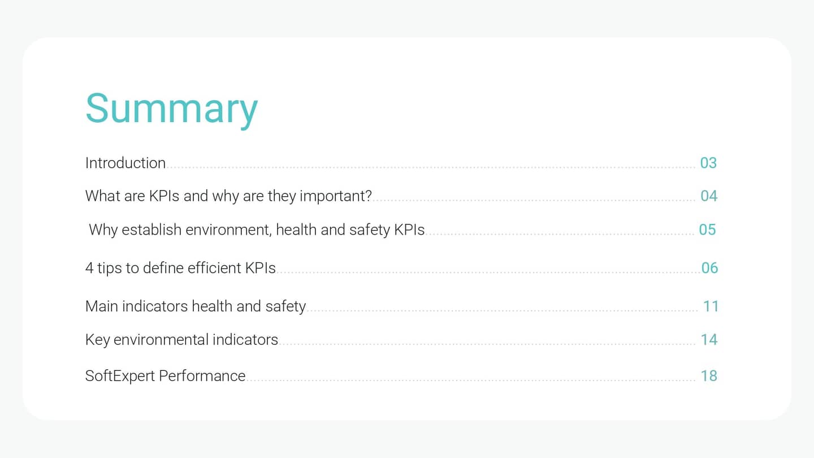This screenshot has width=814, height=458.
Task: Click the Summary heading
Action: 171,109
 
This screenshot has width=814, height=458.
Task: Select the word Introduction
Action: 125,163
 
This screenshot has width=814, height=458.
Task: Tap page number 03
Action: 708,163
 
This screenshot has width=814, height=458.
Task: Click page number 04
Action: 709,196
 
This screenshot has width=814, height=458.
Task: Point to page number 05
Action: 707,230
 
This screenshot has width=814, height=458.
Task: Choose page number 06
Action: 709,267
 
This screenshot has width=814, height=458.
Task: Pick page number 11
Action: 711,306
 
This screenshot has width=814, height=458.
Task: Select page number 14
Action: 709,339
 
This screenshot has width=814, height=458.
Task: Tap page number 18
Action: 709,375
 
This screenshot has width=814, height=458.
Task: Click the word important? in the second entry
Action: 335,196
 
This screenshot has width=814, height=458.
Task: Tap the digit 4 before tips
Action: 89,267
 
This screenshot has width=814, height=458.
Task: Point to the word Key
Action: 97,339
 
